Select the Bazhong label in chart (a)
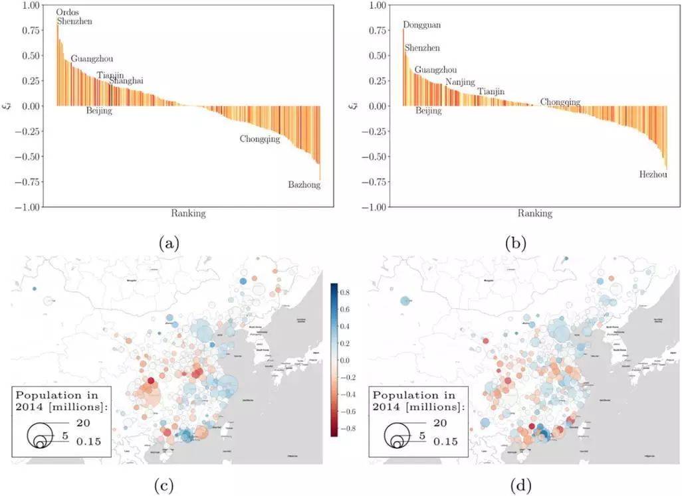coord(304,185)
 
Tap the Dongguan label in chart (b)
coord(421,25)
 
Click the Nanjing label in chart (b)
coord(460,82)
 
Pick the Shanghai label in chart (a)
coord(126,80)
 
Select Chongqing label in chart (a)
coord(260,139)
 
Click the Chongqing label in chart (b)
coord(560,102)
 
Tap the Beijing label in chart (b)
coord(428,111)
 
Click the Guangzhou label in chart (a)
coord(92,58)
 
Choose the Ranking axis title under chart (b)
coord(533,213)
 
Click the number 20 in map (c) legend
coord(82,423)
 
